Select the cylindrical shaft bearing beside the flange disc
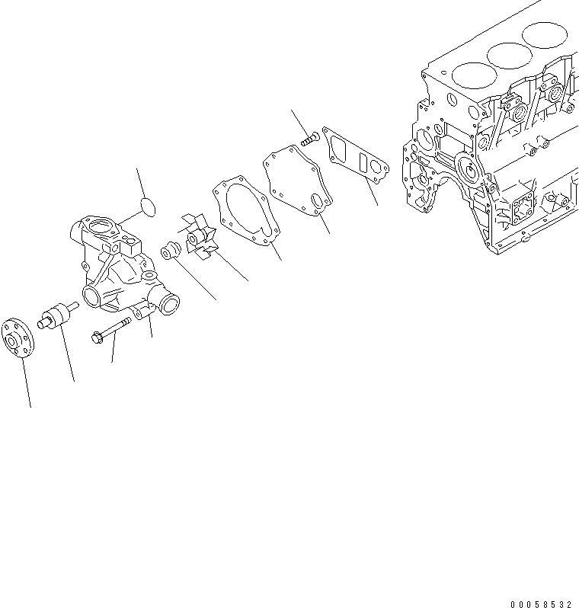[x=57, y=315]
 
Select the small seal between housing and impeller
[x=170, y=249]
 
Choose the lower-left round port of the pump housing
[x=91, y=297]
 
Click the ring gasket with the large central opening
[x=243, y=209]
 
